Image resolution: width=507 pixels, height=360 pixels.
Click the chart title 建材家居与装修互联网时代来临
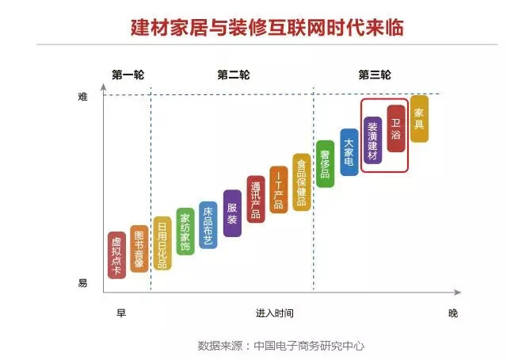click(x=267, y=27)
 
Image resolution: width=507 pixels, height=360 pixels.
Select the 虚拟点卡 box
click(x=116, y=255)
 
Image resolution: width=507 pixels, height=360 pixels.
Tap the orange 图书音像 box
click(x=139, y=248)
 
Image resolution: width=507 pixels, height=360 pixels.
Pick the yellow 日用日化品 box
click(x=162, y=243)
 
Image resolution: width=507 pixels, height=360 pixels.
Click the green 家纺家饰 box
click(x=185, y=232)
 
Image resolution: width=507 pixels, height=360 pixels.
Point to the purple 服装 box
click(x=232, y=213)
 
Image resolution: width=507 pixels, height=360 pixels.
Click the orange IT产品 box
click(x=278, y=189)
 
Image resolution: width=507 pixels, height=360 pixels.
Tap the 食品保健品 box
click(x=301, y=181)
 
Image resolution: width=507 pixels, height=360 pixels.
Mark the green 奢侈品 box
click(x=325, y=163)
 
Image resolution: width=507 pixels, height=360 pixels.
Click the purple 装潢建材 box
click(x=372, y=140)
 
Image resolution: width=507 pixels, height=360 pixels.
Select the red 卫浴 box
click(x=396, y=128)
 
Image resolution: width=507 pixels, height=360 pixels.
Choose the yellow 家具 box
click(x=419, y=118)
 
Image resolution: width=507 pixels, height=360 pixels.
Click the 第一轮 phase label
click(x=128, y=75)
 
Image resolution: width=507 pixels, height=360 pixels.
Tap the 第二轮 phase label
click(x=233, y=75)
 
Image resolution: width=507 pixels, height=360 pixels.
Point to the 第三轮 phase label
click(x=375, y=75)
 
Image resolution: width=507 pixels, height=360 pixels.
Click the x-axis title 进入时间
click(x=274, y=313)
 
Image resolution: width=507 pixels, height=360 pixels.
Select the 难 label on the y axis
click(x=82, y=97)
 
